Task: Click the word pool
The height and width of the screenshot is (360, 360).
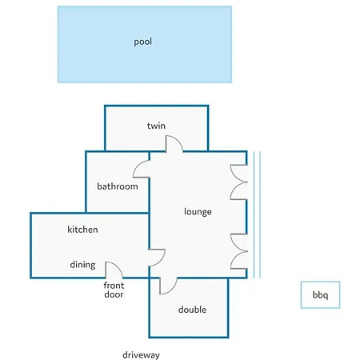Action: click(142, 42)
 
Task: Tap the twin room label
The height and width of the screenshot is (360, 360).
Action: click(156, 126)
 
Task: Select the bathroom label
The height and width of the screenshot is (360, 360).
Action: click(118, 186)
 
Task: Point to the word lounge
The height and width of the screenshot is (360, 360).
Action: click(198, 212)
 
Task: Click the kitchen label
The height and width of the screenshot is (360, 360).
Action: click(82, 230)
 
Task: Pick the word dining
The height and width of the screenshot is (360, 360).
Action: click(82, 265)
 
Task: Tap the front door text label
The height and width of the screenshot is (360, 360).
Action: click(114, 290)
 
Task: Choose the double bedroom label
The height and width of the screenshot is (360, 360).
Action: click(192, 310)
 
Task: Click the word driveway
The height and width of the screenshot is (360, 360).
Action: click(141, 355)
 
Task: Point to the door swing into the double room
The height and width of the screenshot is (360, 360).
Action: click(174, 289)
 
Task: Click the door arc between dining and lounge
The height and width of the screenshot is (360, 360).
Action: click(162, 260)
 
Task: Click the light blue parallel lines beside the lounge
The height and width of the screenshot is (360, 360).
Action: click(257, 214)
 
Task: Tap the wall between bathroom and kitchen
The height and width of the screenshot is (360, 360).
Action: click(118, 213)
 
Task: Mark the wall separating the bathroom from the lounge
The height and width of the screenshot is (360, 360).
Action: click(149, 195)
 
